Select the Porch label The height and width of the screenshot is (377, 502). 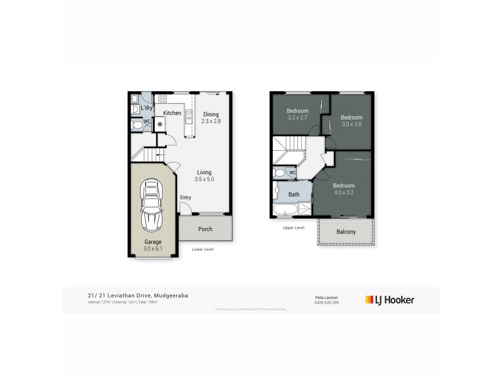pyautogui.click(x=205, y=229)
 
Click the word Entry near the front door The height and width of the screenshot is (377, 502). pyautogui.click(x=186, y=198)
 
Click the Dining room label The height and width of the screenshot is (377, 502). pyautogui.click(x=211, y=114)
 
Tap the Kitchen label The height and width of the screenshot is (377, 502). pyautogui.click(x=173, y=113)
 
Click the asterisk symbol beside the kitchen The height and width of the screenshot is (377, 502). pyautogui.click(x=160, y=124)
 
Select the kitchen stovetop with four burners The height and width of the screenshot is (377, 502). pyautogui.click(x=162, y=99)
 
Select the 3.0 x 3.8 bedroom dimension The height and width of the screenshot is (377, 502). pyautogui.click(x=351, y=124)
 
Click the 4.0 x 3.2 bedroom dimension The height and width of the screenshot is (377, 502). pyautogui.click(x=343, y=193)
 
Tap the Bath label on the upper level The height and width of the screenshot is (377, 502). pyautogui.click(x=294, y=195)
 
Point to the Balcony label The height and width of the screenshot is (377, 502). pyautogui.click(x=346, y=231)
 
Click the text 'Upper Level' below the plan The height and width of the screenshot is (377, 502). pyautogui.click(x=293, y=227)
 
